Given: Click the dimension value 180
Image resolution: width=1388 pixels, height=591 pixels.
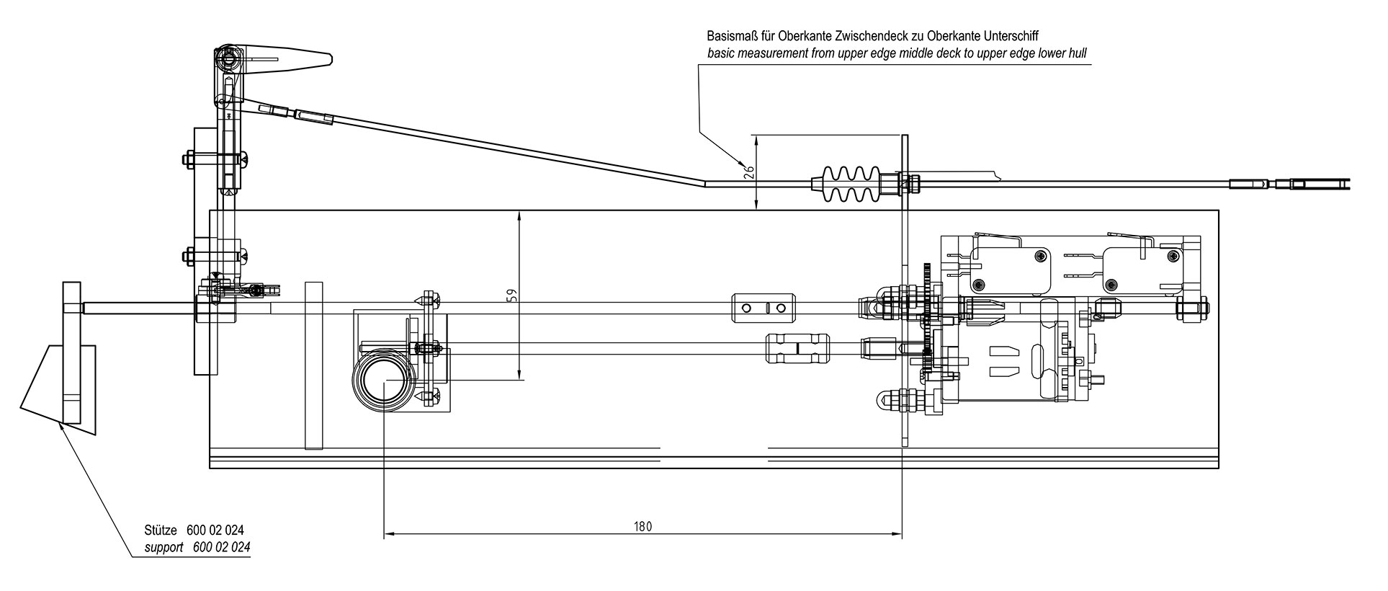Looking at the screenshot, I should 643,527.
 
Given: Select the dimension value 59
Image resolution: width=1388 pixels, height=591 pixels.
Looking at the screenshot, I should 511,296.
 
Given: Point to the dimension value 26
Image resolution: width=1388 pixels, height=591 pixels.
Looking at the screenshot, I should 748,172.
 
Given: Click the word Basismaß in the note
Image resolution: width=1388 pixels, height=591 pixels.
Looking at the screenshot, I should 730,35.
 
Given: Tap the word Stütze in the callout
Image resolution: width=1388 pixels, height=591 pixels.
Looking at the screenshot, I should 160,530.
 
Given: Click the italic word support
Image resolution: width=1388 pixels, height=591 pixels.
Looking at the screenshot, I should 164,547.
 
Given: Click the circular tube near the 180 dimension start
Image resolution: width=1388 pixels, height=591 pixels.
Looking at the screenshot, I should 384,381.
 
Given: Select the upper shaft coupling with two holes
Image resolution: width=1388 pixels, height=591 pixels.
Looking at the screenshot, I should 760,308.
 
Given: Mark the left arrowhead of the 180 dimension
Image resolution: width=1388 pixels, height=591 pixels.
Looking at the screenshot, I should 388,534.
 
